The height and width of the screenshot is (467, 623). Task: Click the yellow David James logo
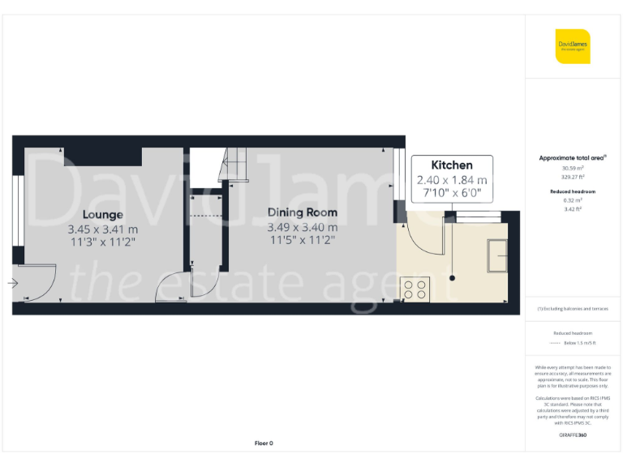pyautogui.click(x=573, y=46)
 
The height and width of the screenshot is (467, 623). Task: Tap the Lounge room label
pyautogui.click(x=102, y=215)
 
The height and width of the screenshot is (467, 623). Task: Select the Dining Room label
pyautogui.click(x=303, y=213)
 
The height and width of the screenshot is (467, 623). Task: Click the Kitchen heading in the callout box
pyautogui.click(x=451, y=165)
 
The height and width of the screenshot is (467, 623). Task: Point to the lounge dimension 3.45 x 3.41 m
pyautogui.click(x=103, y=229)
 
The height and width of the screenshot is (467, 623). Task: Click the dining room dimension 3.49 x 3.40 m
pyautogui.click(x=303, y=227)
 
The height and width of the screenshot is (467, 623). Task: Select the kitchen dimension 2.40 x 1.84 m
pyautogui.click(x=452, y=180)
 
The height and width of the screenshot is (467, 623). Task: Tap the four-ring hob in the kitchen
pyautogui.click(x=415, y=289)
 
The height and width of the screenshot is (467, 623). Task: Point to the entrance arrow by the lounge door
pyautogui.click(x=12, y=283)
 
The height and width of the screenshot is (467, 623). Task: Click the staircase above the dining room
pyautogui.click(x=230, y=165)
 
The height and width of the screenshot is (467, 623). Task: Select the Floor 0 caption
pyautogui.click(x=264, y=443)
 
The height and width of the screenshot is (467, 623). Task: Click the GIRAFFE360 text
pyautogui.click(x=573, y=435)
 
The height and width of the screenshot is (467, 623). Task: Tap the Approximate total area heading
pyautogui.click(x=573, y=158)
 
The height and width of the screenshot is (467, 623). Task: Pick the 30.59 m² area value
pyautogui.click(x=573, y=168)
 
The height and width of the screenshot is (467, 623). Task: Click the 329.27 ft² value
pyautogui.click(x=573, y=175)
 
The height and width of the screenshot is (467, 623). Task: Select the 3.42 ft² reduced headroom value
pyautogui.click(x=573, y=209)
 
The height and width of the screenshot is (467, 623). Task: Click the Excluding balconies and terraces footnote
pyautogui.click(x=573, y=309)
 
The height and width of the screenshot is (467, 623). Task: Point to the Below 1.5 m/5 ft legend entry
pyautogui.click(x=579, y=344)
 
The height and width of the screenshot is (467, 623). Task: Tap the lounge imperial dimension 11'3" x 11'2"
pyautogui.click(x=103, y=242)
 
